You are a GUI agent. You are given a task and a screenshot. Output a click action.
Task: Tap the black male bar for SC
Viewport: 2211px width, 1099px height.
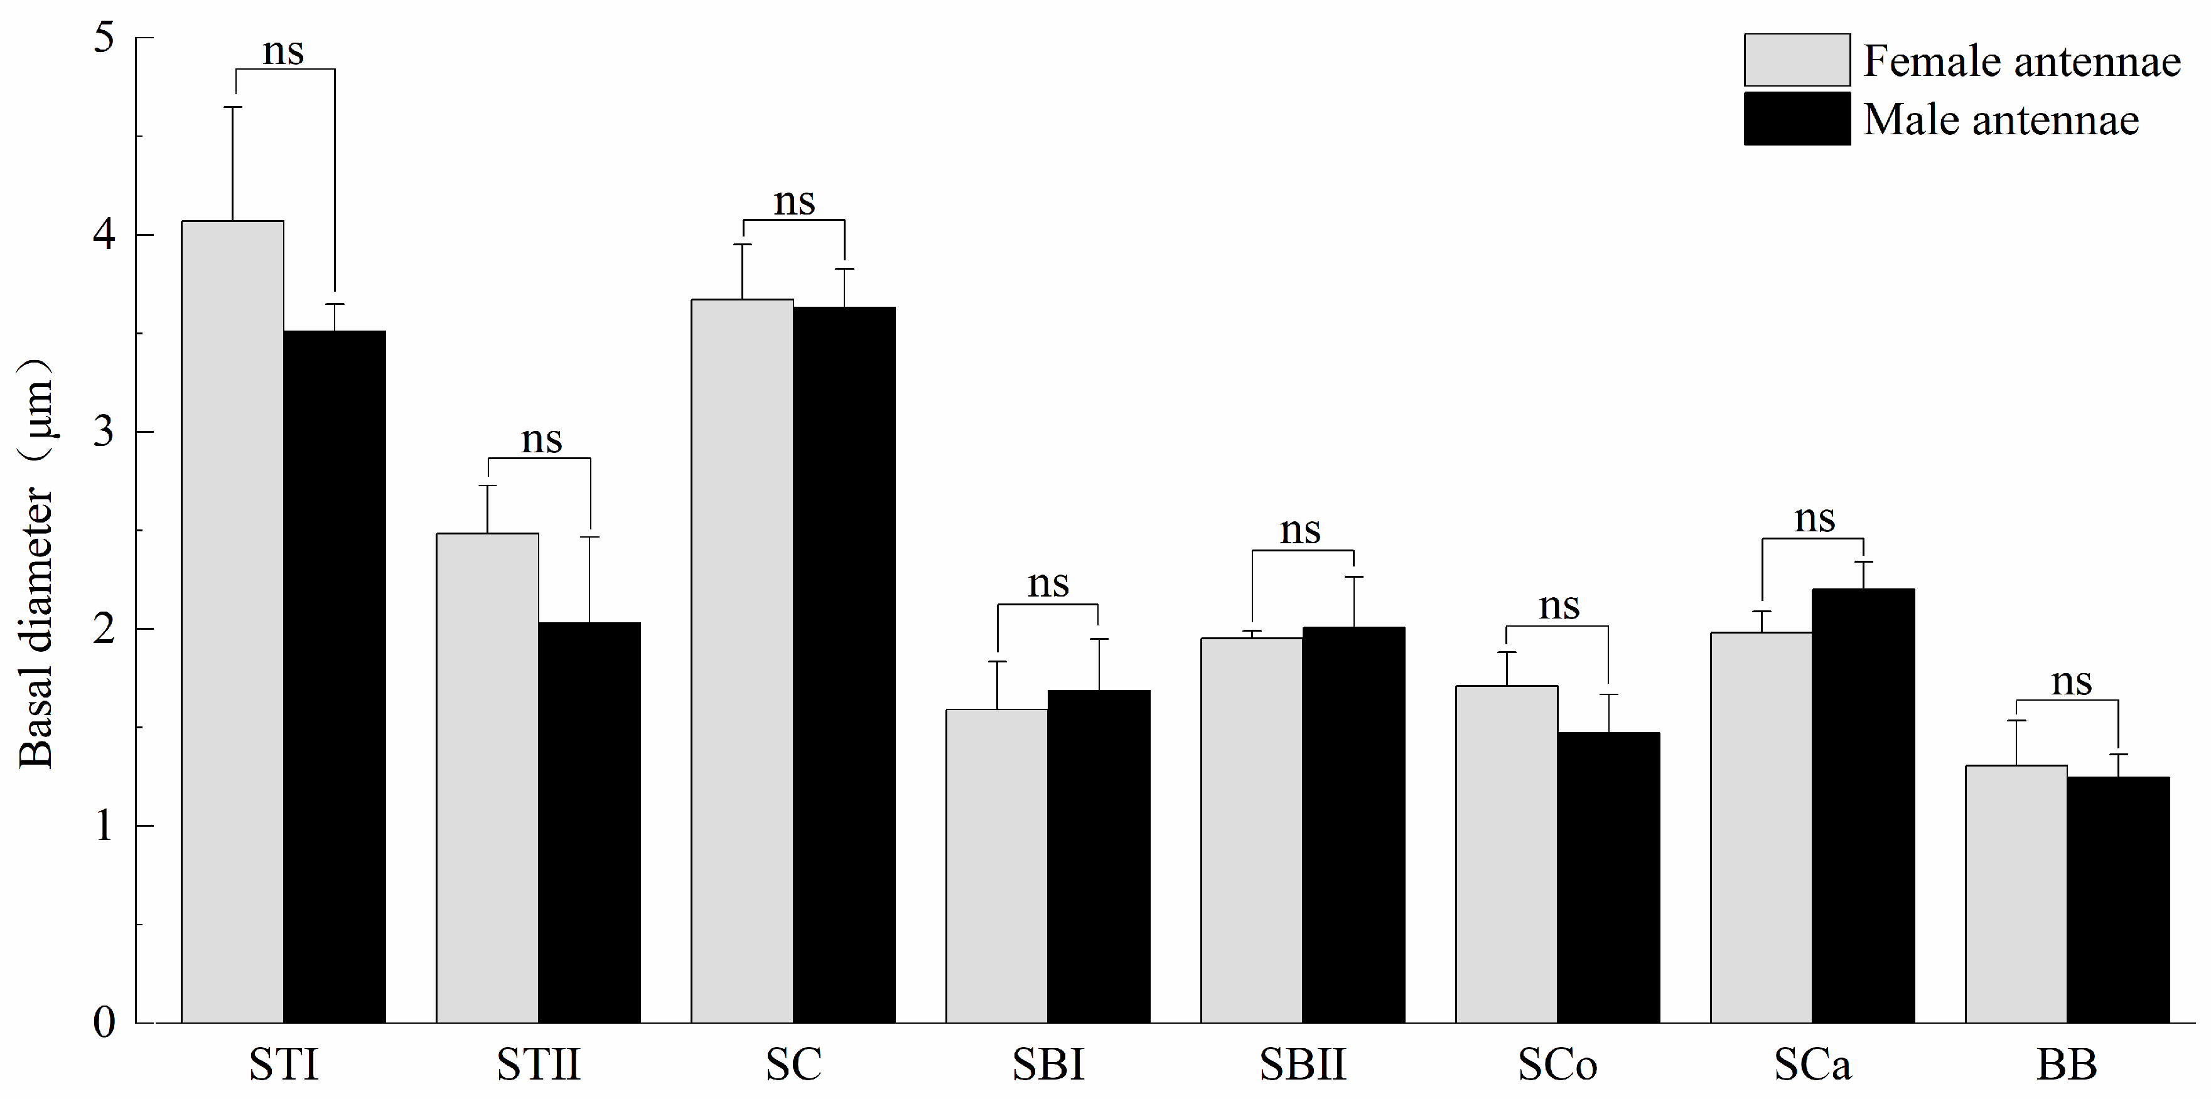click(844, 665)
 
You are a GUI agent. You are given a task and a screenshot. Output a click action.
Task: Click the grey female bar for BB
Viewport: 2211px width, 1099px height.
click(2016, 893)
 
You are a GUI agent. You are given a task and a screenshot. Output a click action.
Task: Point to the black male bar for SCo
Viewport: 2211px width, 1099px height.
click(1608, 877)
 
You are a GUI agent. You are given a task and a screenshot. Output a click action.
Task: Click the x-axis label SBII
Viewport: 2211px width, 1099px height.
click(1302, 1064)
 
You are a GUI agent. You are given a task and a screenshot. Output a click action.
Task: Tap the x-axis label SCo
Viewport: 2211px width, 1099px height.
click(1557, 1064)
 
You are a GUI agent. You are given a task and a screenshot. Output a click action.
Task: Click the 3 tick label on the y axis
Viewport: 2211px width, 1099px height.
click(104, 432)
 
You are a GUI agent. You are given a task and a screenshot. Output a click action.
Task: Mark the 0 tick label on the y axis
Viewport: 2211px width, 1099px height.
click(104, 1022)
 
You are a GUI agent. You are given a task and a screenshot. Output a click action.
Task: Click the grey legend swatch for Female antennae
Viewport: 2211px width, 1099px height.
click(1797, 60)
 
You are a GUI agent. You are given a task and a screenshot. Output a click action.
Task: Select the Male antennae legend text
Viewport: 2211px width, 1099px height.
click(2001, 119)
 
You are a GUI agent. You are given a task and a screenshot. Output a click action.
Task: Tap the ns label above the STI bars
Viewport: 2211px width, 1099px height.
click(283, 51)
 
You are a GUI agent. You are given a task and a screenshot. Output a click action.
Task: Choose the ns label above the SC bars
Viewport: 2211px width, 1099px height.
click(794, 203)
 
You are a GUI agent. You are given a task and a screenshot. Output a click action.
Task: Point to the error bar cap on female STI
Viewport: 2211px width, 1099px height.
click(233, 107)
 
